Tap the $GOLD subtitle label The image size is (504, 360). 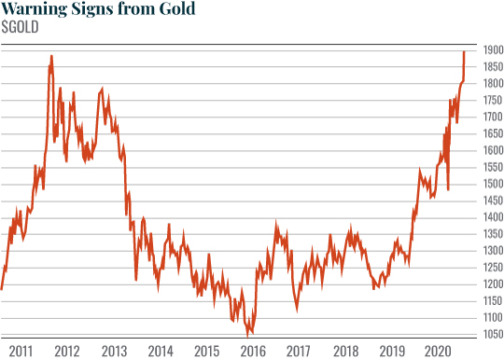21,27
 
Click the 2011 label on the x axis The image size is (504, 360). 21,351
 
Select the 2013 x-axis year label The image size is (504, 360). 114,351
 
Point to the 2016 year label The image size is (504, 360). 252,351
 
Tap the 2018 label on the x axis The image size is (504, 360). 344,351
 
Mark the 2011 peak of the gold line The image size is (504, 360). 51,56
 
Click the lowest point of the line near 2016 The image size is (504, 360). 248,334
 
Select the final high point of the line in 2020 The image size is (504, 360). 464,52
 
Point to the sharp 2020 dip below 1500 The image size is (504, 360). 449,189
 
